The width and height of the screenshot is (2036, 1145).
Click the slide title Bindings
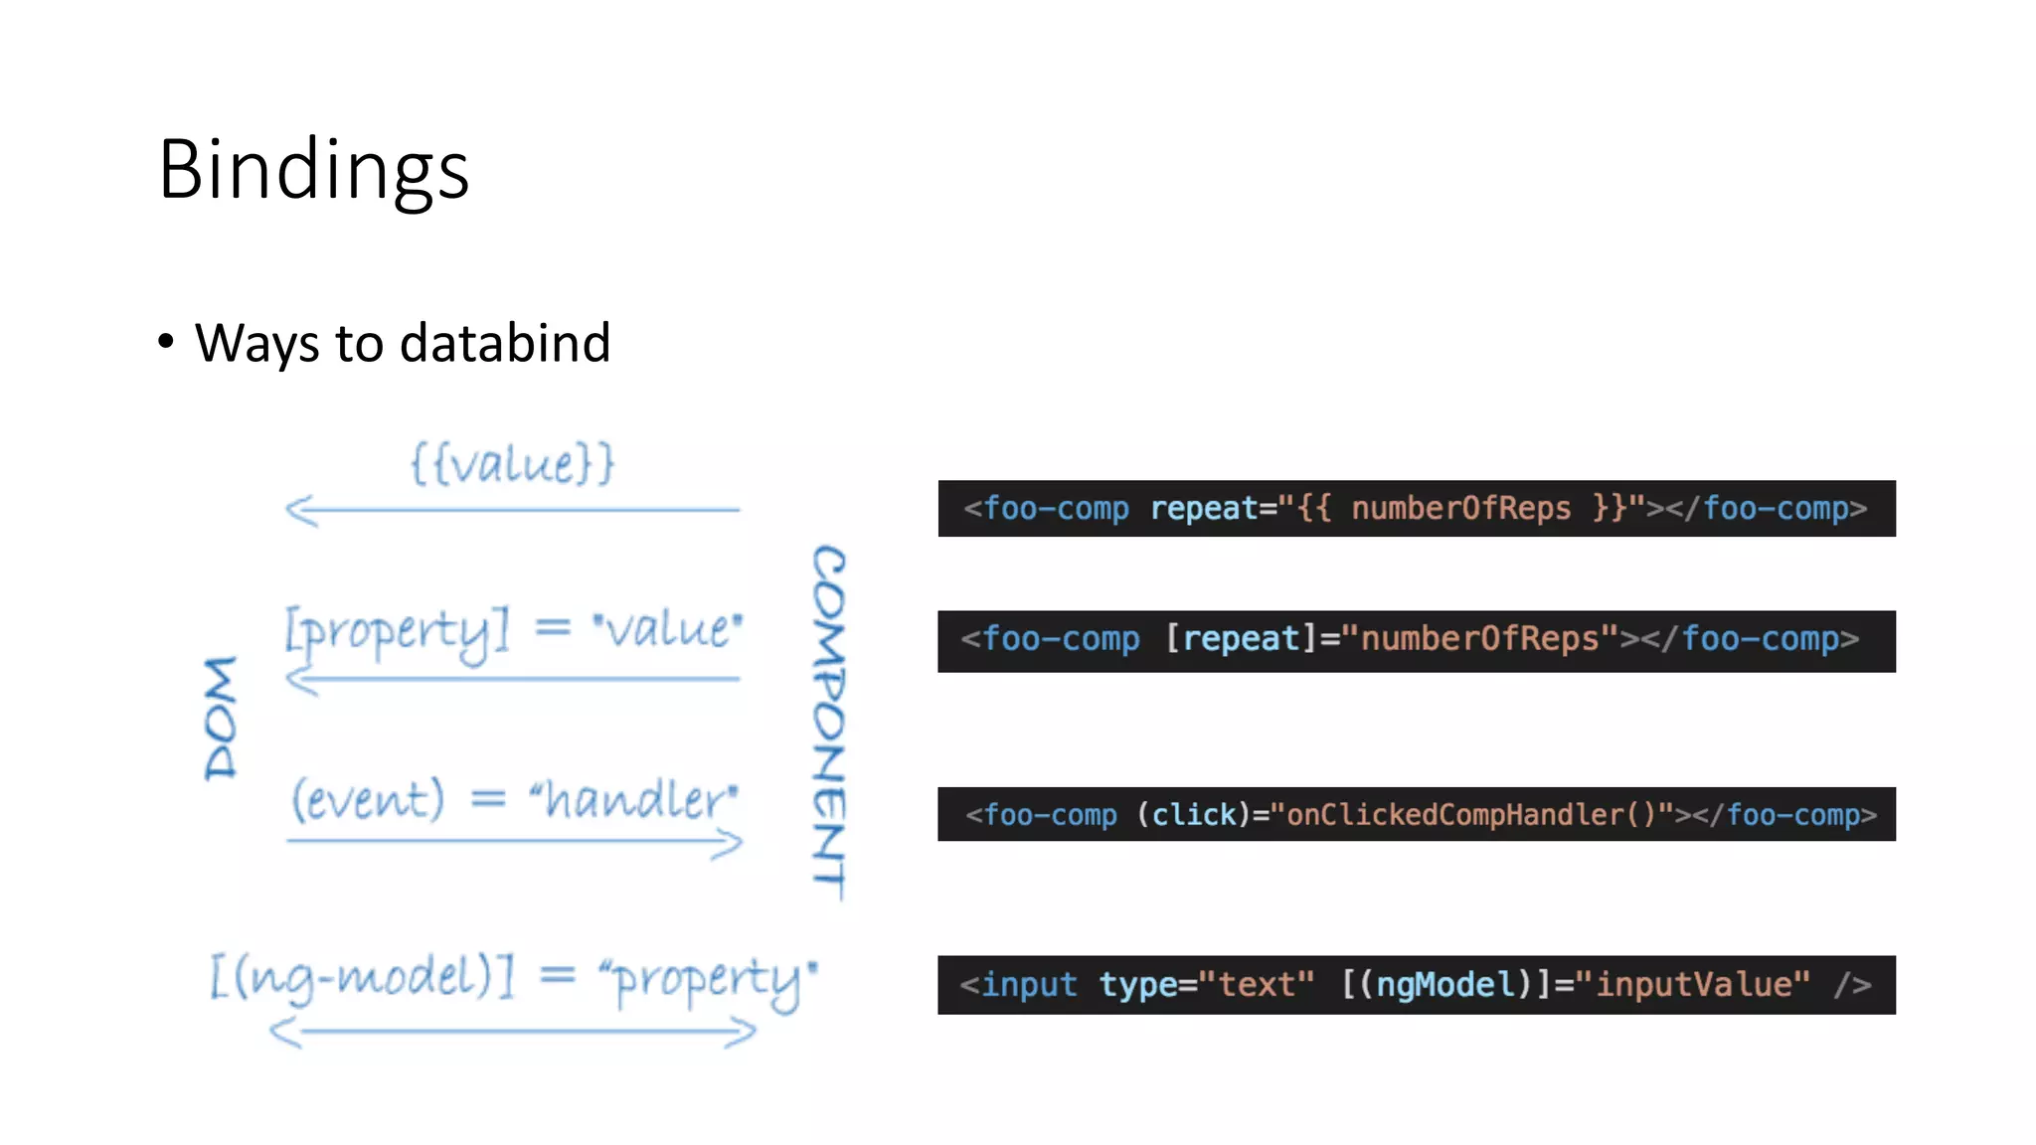[x=313, y=169]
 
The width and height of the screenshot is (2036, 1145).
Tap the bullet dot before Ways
[x=166, y=341]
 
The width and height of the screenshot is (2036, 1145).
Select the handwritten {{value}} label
[x=513, y=463]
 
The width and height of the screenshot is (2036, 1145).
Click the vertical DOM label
[x=221, y=718]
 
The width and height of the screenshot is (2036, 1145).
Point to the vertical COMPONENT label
[x=829, y=722]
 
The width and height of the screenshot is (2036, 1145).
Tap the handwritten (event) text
[x=367, y=799]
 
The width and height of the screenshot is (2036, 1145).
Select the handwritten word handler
[x=635, y=799]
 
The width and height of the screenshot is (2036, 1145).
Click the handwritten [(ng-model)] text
[x=362, y=977]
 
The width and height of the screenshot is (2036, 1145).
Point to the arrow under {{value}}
[x=513, y=510]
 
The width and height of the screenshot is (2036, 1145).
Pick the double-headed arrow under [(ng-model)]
[x=513, y=1032]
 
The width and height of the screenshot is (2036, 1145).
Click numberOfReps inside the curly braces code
[x=1460, y=508]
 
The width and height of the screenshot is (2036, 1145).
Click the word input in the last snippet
[x=1029, y=984]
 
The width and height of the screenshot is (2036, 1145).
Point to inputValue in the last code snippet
[x=1701, y=984]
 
